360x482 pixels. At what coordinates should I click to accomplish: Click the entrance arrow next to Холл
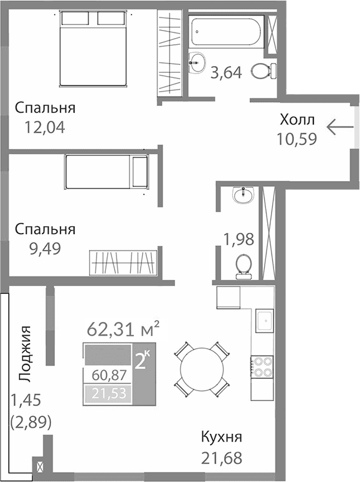[339, 128]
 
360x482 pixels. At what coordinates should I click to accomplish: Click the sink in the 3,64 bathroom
[198, 62]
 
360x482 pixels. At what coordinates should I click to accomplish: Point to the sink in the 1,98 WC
[242, 196]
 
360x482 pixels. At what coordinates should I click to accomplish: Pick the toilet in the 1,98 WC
[242, 264]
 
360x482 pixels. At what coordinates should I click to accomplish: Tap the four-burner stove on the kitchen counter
[262, 366]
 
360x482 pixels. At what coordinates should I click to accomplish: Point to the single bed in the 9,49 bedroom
[107, 171]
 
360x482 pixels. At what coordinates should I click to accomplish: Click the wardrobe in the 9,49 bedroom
[123, 262]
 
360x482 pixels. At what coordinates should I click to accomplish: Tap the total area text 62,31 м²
[124, 328]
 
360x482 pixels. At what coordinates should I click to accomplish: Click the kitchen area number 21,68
[222, 458]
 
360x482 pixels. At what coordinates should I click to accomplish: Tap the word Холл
[297, 120]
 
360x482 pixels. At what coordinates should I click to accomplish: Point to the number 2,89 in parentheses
[31, 422]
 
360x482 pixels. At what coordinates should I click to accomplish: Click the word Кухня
[222, 437]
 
